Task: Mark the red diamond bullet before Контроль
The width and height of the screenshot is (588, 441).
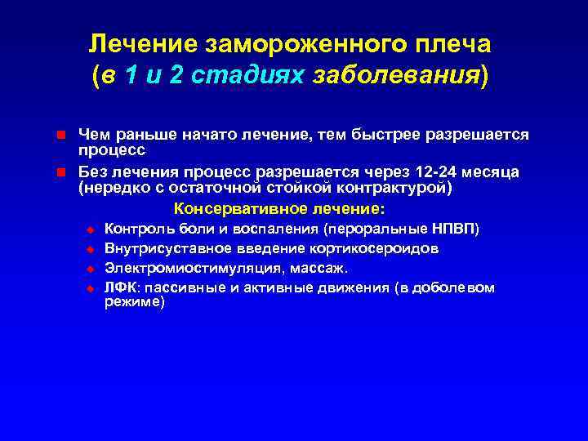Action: click(x=91, y=229)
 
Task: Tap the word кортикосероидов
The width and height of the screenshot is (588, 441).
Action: click(x=372, y=248)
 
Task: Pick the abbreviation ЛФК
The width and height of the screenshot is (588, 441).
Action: click(x=120, y=287)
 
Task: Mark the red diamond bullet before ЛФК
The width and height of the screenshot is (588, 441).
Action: click(x=91, y=288)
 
